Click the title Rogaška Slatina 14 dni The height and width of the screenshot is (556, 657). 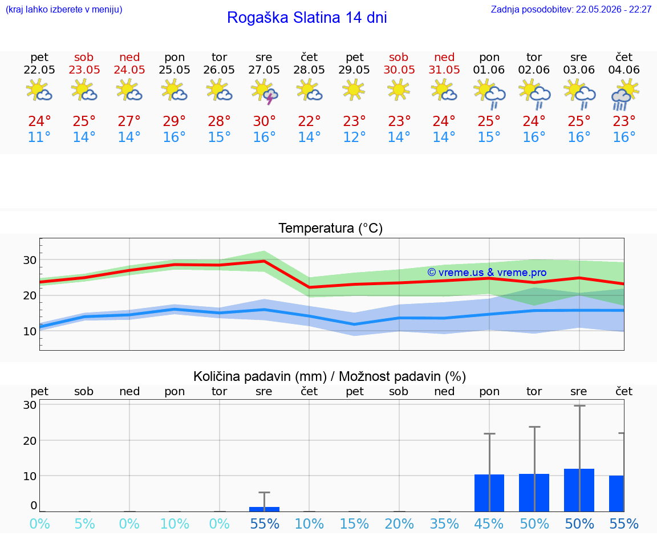(307, 18)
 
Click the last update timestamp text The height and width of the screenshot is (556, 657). (571, 9)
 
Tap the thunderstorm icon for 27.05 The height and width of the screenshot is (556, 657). (265, 92)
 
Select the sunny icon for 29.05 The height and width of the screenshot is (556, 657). (354, 90)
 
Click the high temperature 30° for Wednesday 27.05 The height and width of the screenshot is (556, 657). (265, 121)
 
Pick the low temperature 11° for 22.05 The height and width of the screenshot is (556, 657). (39, 137)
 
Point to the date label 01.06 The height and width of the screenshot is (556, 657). (489, 70)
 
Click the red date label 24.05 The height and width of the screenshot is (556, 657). (129, 70)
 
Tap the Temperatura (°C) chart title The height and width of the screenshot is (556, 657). (331, 228)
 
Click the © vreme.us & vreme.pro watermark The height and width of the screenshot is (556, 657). (487, 273)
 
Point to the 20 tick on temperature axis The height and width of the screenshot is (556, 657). (29, 295)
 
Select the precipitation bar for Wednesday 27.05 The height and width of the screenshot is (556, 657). (265, 509)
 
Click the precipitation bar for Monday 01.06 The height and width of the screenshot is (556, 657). (489, 493)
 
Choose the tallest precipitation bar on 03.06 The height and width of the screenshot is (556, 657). (579, 490)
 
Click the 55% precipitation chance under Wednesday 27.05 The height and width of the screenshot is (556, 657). (265, 523)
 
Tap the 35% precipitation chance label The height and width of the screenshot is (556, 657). (445, 523)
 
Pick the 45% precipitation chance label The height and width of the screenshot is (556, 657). (489, 523)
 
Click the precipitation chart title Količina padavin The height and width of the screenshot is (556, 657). (330, 376)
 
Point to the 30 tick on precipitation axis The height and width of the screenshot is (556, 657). (29, 405)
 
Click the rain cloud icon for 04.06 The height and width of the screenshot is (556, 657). (624, 96)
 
